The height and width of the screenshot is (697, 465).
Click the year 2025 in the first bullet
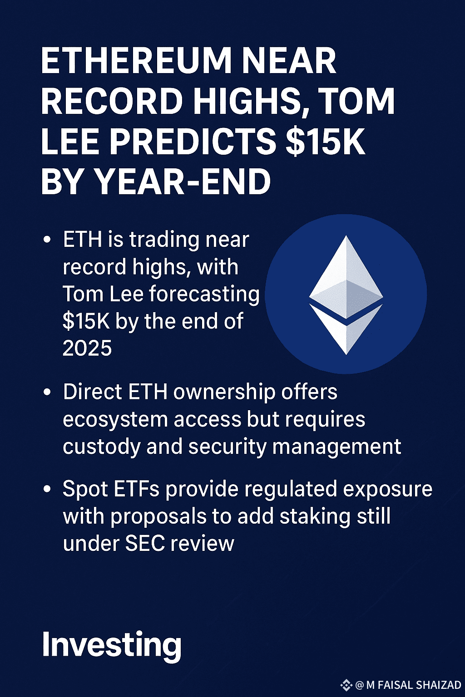(x=87, y=348)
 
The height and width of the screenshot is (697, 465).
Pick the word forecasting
(x=204, y=294)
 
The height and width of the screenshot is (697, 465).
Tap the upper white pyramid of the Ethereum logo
(x=346, y=277)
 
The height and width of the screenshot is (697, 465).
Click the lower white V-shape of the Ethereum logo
(x=346, y=331)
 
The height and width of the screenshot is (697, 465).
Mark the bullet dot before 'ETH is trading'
(x=47, y=240)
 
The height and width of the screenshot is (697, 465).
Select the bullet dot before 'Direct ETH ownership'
(x=47, y=393)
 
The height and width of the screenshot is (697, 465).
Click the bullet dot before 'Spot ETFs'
(x=47, y=490)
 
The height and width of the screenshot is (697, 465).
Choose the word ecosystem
(x=115, y=420)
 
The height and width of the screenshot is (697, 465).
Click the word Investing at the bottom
(x=112, y=645)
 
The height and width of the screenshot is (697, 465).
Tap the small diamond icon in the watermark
(x=346, y=685)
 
